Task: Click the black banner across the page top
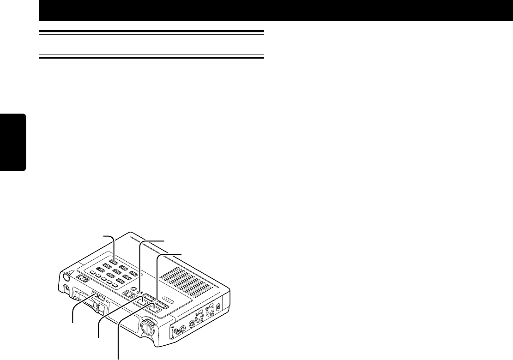[x=276, y=11]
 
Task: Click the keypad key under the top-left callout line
[x=113, y=262]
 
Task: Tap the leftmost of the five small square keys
[x=92, y=273]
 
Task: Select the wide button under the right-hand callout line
[x=161, y=305]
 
